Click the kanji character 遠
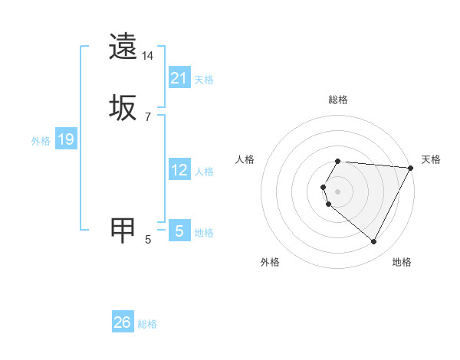coord(123,47)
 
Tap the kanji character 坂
coord(123,107)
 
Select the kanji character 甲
coord(123,229)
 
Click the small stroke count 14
coord(148,57)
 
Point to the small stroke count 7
coord(148,116)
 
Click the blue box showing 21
coord(179,78)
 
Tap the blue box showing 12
coord(179,171)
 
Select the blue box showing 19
coord(66,140)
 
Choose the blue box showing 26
coord(123,323)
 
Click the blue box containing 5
coord(179,230)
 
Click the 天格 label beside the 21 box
coord(204,80)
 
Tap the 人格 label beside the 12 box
coord(204,172)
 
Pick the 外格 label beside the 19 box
coord(41,141)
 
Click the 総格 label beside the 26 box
coord(147,325)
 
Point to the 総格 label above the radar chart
coord(337,100)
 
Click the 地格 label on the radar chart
coord(402,262)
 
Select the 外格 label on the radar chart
coord(270,262)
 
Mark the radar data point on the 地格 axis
coord(374,242)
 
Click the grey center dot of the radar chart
coord(337,191)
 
